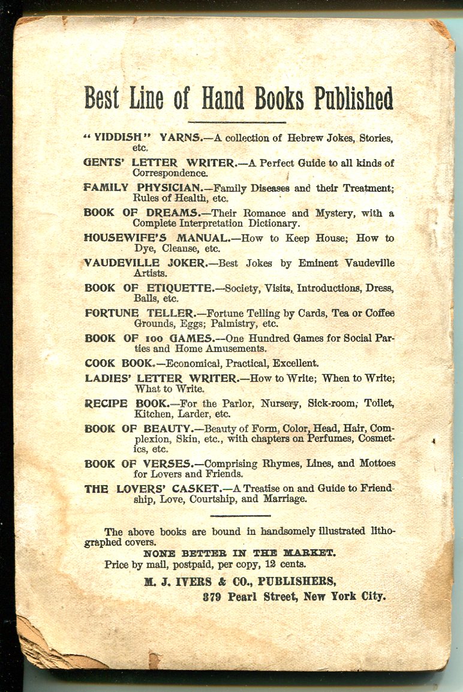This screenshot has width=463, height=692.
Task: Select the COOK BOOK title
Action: (119, 363)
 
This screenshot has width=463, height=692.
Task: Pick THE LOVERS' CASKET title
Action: (142, 489)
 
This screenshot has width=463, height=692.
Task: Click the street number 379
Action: (214, 597)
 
